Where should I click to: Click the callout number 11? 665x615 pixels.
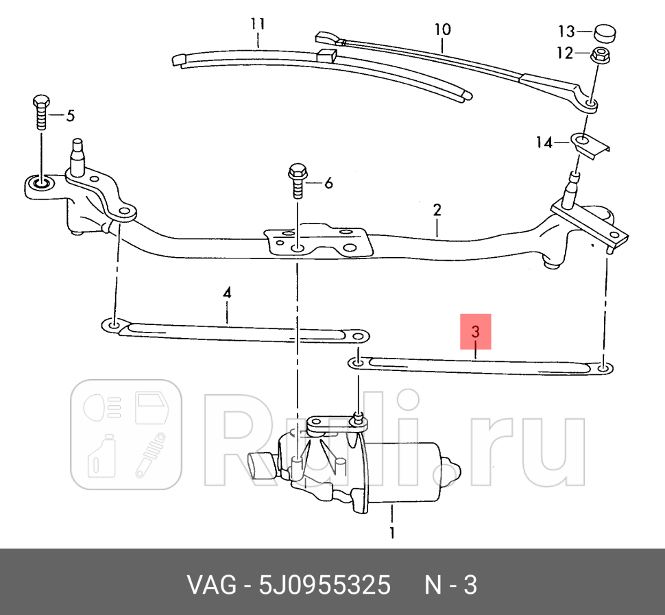tap(257, 24)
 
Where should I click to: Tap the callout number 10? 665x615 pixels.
tap(442, 29)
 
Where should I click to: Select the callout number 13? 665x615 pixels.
tap(566, 32)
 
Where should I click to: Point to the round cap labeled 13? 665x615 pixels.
tap(604, 32)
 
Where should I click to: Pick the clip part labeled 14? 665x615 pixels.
tap(590, 144)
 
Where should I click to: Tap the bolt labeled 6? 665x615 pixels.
tap(298, 180)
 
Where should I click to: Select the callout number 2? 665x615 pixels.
tap(437, 210)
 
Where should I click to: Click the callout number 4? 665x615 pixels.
tap(227, 293)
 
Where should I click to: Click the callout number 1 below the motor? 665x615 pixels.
tap(392, 532)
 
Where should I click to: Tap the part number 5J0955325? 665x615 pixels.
tap(324, 586)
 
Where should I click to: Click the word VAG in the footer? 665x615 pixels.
tap(210, 586)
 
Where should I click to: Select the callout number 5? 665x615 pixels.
tap(70, 116)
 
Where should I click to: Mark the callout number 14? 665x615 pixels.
tap(544, 143)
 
